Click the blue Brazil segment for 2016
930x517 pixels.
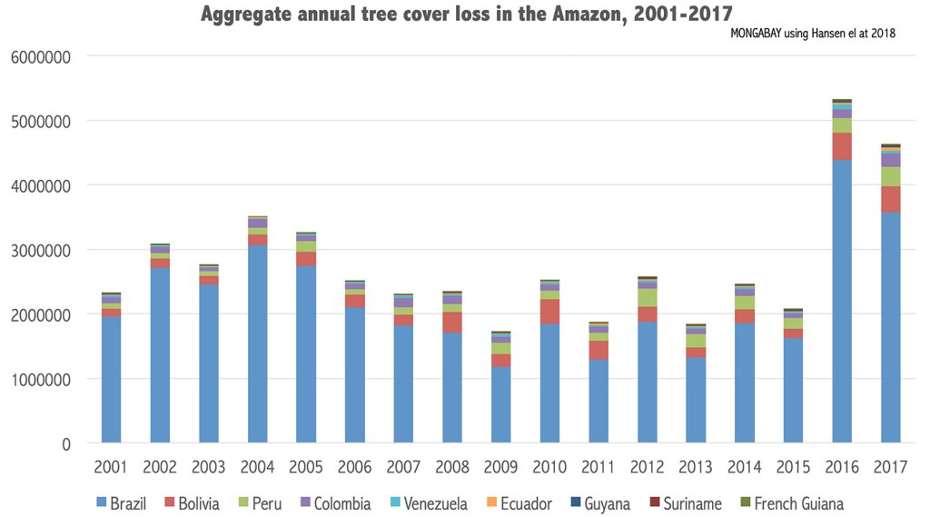tap(842, 300)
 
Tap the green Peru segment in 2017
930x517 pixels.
tap(890, 176)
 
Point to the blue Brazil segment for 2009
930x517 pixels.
tap(501, 404)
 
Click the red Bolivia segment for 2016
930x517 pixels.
tap(842, 146)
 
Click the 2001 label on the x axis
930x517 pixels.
tap(112, 467)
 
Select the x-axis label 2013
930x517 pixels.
tap(696, 467)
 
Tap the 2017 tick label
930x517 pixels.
tap(890, 467)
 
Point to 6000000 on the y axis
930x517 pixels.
tap(41, 56)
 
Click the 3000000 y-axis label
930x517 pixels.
tap(41, 250)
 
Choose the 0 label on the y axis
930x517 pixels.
tap(65, 444)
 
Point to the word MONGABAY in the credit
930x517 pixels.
tap(763, 34)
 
